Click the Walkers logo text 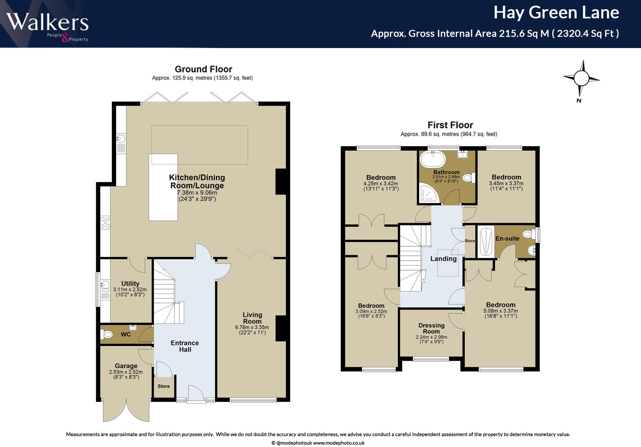click(x=47, y=22)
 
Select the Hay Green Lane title click(x=556, y=13)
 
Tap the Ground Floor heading click(x=203, y=69)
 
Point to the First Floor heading click(x=450, y=125)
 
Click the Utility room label click(x=130, y=284)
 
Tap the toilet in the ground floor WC click(x=107, y=334)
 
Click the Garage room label click(x=126, y=366)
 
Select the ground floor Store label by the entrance click(x=163, y=386)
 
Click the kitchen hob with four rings click(x=105, y=222)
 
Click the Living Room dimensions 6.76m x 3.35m click(x=252, y=327)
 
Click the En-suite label click(x=507, y=238)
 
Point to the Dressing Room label click(x=431, y=328)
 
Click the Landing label click(x=443, y=259)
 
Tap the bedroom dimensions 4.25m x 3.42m click(x=381, y=184)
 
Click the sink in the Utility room click(x=105, y=285)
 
